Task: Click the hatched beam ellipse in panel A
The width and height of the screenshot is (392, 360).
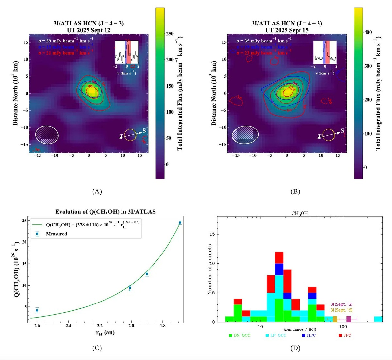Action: point(47,135)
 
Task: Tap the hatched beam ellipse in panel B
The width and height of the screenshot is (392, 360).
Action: point(245,135)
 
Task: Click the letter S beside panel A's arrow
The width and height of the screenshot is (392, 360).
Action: point(144,131)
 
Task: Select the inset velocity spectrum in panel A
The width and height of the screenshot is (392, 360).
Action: point(126,52)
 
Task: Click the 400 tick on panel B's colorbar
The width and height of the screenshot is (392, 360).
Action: point(368,32)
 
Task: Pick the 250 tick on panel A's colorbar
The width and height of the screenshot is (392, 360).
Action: point(170,34)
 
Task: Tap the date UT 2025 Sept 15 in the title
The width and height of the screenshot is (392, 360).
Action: point(287,30)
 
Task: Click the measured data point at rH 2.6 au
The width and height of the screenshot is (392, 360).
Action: point(37,310)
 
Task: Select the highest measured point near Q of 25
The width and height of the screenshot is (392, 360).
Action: point(180,222)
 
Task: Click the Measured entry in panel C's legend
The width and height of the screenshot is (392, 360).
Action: point(56,234)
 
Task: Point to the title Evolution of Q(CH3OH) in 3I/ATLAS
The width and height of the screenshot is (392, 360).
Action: point(105,212)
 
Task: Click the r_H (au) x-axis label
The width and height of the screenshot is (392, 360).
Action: point(105,333)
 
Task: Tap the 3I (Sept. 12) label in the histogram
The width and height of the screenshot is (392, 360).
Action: point(341,304)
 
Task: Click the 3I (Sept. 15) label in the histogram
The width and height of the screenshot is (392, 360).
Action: point(341,310)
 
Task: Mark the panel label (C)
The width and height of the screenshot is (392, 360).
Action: point(97,348)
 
